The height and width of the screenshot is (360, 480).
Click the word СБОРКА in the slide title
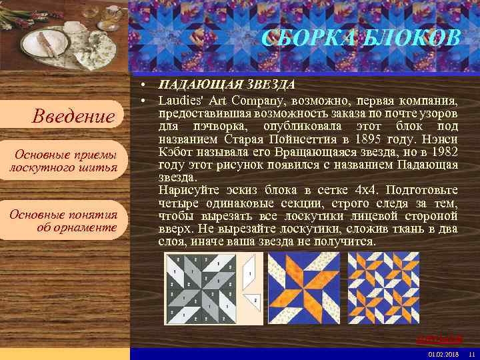(300, 39)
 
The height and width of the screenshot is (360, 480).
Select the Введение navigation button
(74, 117)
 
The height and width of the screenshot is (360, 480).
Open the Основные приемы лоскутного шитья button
(63, 161)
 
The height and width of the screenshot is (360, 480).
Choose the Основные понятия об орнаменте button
(63, 221)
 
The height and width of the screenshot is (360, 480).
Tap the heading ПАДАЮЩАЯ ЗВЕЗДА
(227, 86)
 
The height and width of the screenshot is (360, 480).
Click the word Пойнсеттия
(305, 139)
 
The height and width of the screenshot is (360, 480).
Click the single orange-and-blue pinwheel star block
(303, 287)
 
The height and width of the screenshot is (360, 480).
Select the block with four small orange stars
(382, 287)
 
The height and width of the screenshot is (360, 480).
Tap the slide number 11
(471, 354)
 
